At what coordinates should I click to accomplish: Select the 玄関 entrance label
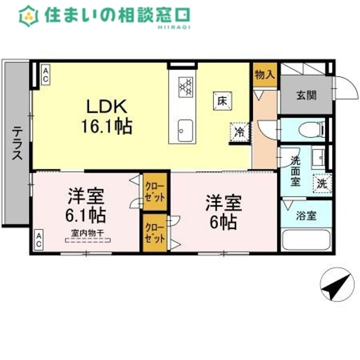point(305,95)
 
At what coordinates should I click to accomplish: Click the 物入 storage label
point(264,75)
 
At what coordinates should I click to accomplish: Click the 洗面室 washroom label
point(295,170)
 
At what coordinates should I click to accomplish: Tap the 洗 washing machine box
point(322,183)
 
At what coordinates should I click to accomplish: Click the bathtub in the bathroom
point(306,239)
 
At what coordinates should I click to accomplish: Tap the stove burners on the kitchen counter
point(185,86)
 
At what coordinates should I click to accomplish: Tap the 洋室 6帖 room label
point(223,212)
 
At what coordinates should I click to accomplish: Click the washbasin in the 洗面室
point(318,158)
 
